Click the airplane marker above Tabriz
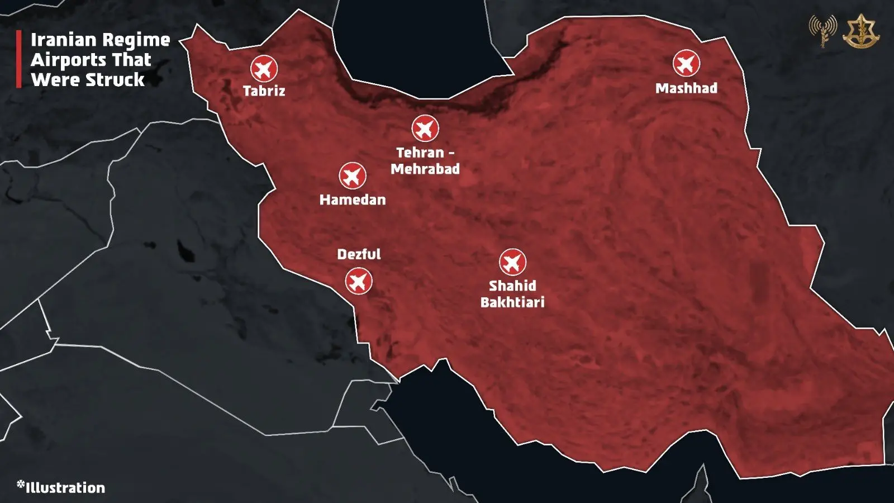[x=264, y=69]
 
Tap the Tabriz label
[x=264, y=91]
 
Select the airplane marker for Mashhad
[x=686, y=63]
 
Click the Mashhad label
[x=686, y=88]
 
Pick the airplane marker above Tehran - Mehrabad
[x=425, y=129]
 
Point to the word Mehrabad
[x=425, y=169]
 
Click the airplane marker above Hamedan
[x=353, y=176]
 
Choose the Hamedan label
[x=353, y=200]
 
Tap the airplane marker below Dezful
[x=358, y=281]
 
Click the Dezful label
[x=359, y=254]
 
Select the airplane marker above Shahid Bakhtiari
[x=512, y=262]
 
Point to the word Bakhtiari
[x=512, y=302]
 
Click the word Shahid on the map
[x=512, y=286]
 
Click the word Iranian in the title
[x=63, y=40]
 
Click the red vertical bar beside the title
[x=19, y=59]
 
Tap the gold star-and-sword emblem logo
[x=861, y=31]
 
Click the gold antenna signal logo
[x=822, y=30]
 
